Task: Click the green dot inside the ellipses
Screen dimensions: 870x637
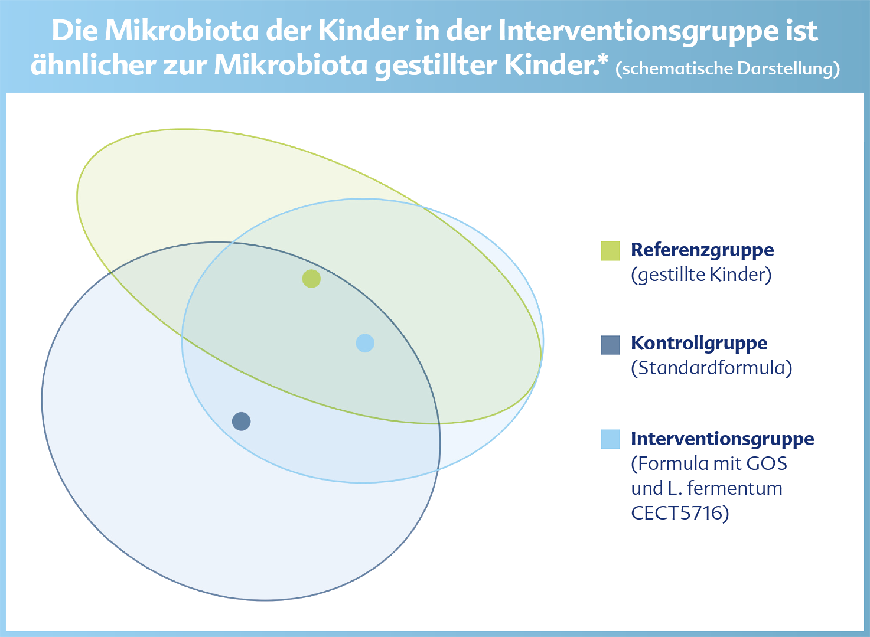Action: click(x=311, y=279)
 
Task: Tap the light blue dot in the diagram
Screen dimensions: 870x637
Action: click(x=365, y=343)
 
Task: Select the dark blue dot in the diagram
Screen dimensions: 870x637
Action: click(x=241, y=421)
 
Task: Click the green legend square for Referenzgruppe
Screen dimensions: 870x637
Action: click(x=610, y=251)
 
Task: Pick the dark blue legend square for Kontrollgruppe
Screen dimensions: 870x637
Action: click(x=610, y=345)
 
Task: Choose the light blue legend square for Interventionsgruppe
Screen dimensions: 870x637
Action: click(x=610, y=439)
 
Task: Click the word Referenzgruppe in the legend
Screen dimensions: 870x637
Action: click(x=702, y=250)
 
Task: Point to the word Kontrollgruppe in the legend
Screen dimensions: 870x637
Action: click(x=699, y=344)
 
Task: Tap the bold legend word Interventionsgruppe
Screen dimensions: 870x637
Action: click(x=722, y=439)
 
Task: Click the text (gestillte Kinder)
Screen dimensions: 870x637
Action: click(x=702, y=275)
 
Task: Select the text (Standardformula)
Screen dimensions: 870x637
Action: click(x=712, y=368)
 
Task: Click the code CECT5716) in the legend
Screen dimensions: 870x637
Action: click(x=680, y=513)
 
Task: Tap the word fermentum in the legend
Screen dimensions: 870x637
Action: click(x=735, y=488)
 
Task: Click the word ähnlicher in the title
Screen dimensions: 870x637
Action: click(x=93, y=64)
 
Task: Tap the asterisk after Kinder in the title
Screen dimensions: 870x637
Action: click(x=604, y=60)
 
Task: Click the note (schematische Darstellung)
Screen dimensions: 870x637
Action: click(x=728, y=68)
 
